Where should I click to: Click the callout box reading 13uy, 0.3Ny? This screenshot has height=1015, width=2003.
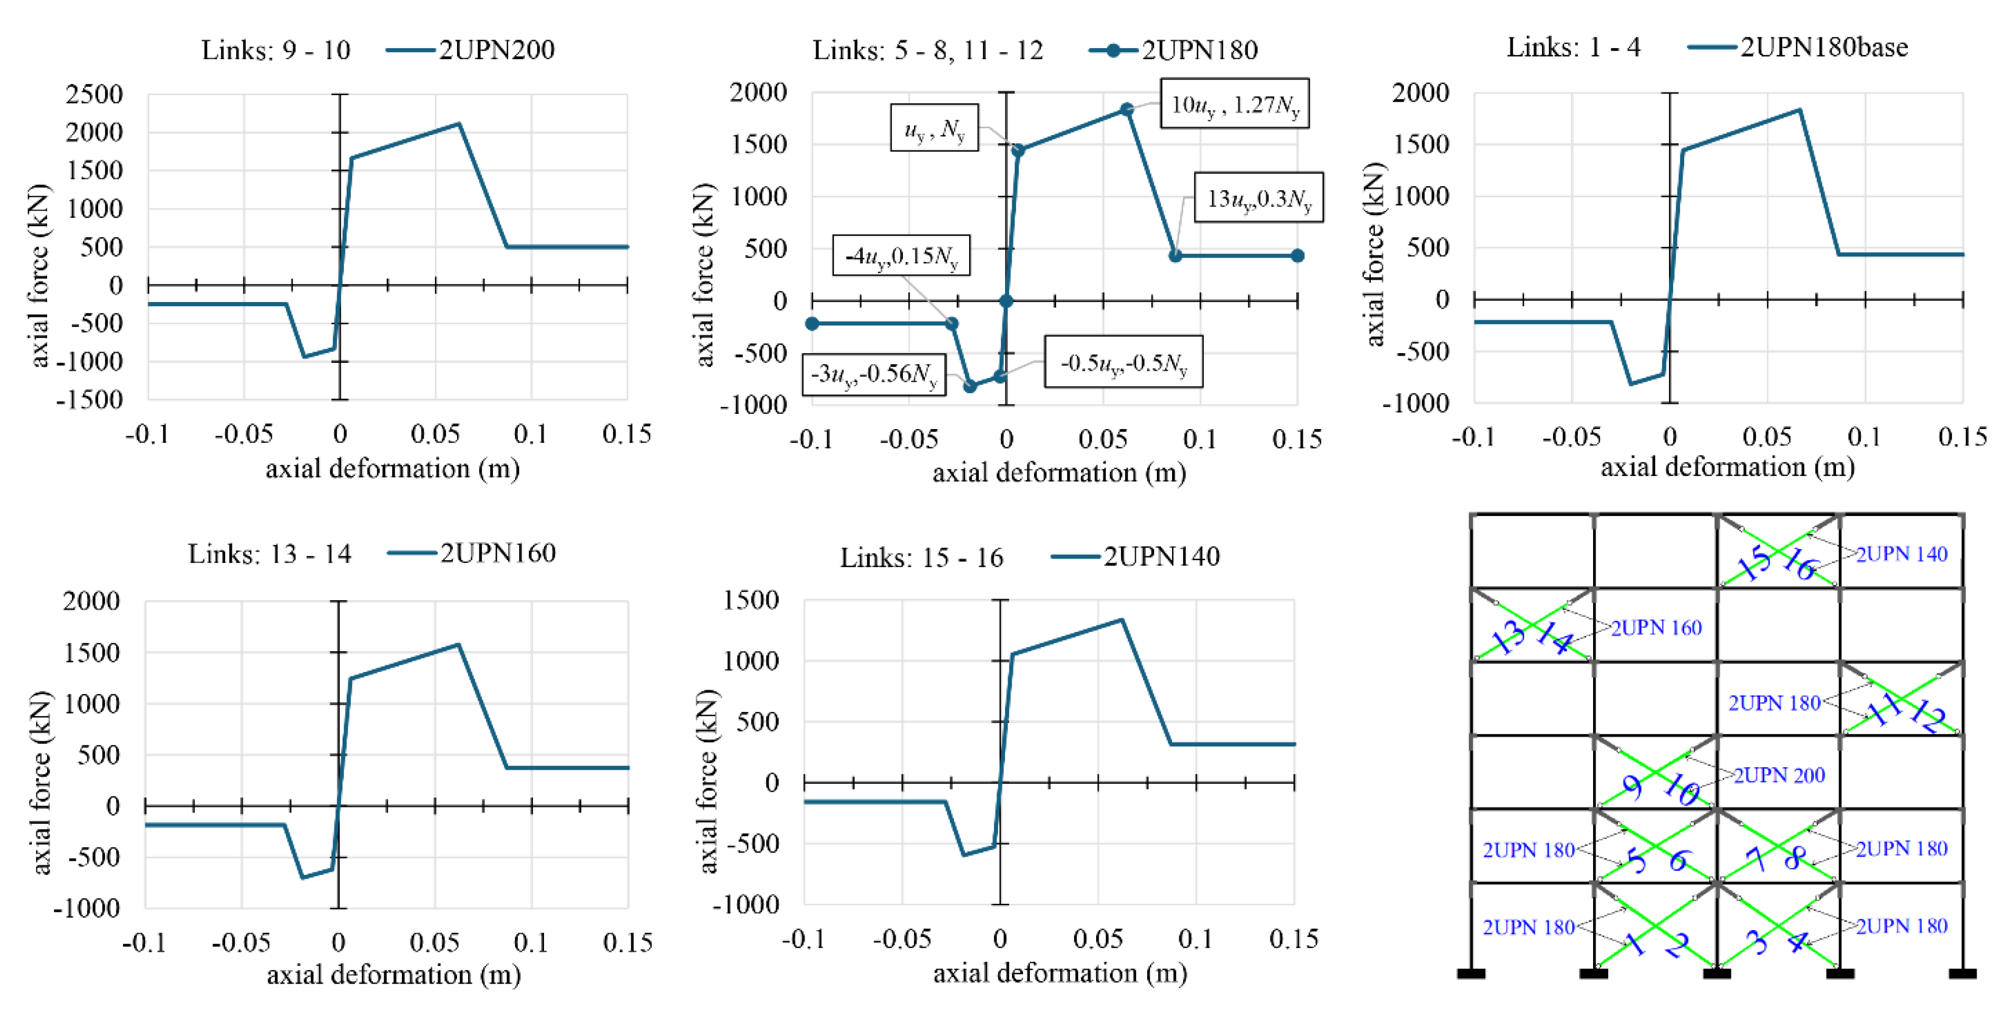coord(1258,198)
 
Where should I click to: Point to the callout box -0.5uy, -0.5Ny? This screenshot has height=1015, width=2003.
coord(1123,362)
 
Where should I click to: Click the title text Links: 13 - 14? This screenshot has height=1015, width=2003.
coord(269,554)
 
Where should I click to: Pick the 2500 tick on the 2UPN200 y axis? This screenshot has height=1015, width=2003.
coord(94,94)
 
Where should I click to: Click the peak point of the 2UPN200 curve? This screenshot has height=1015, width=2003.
coord(459,123)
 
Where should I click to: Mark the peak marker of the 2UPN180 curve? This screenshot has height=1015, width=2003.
coord(1126,110)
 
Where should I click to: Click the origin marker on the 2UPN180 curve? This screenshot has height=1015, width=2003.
coord(1006,301)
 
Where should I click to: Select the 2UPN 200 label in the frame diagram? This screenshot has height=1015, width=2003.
coord(1778,775)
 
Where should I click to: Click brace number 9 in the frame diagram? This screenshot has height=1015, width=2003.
coord(1633,787)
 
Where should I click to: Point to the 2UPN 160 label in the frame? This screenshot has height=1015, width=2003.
coord(1656,627)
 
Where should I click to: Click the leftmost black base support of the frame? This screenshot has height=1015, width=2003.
coord(1471,973)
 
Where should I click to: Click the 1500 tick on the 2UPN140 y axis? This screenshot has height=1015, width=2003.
coord(750,600)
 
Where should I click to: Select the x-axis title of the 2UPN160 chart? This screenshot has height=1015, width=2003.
coord(393,975)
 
